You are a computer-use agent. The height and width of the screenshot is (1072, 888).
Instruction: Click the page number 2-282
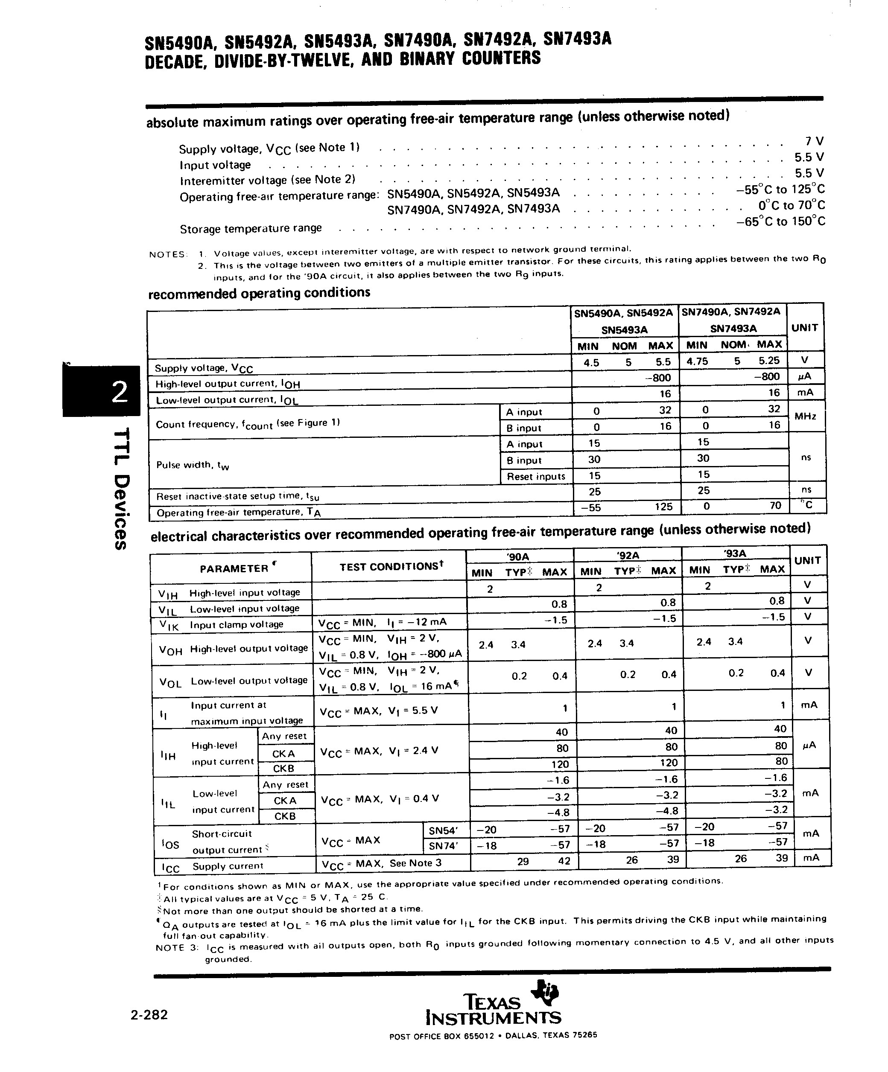coord(149,1015)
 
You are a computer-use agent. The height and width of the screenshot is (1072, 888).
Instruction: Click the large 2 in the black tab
coord(120,392)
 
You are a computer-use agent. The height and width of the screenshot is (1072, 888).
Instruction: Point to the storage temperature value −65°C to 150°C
coord(781,221)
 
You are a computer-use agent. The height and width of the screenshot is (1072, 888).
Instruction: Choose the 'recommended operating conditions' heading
coord(259,294)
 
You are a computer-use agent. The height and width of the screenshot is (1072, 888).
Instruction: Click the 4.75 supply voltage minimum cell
coord(697,361)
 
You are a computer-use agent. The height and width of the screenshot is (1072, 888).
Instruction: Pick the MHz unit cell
coord(805,417)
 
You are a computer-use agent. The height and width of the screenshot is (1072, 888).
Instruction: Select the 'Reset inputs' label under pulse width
coord(536,476)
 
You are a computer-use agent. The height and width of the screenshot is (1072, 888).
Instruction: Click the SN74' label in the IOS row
coord(443,846)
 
